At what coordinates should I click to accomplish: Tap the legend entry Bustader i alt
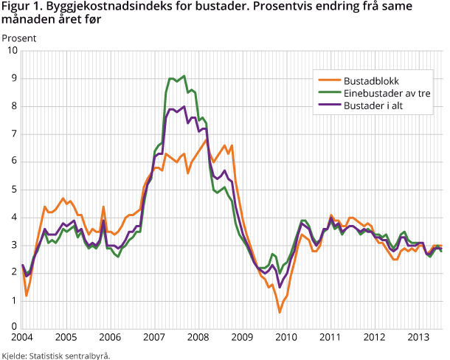pos(375,106)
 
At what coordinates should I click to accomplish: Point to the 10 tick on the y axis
pos(11,51)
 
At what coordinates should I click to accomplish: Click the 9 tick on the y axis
pos(14,78)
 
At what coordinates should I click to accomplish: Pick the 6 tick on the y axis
pos(14,162)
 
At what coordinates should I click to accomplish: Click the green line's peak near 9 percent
pos(184,75)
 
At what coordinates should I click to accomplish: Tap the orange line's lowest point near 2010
pos(280,312)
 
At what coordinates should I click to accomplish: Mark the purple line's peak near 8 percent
pos(184,106)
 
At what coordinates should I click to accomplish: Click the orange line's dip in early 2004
pos(27,295)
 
